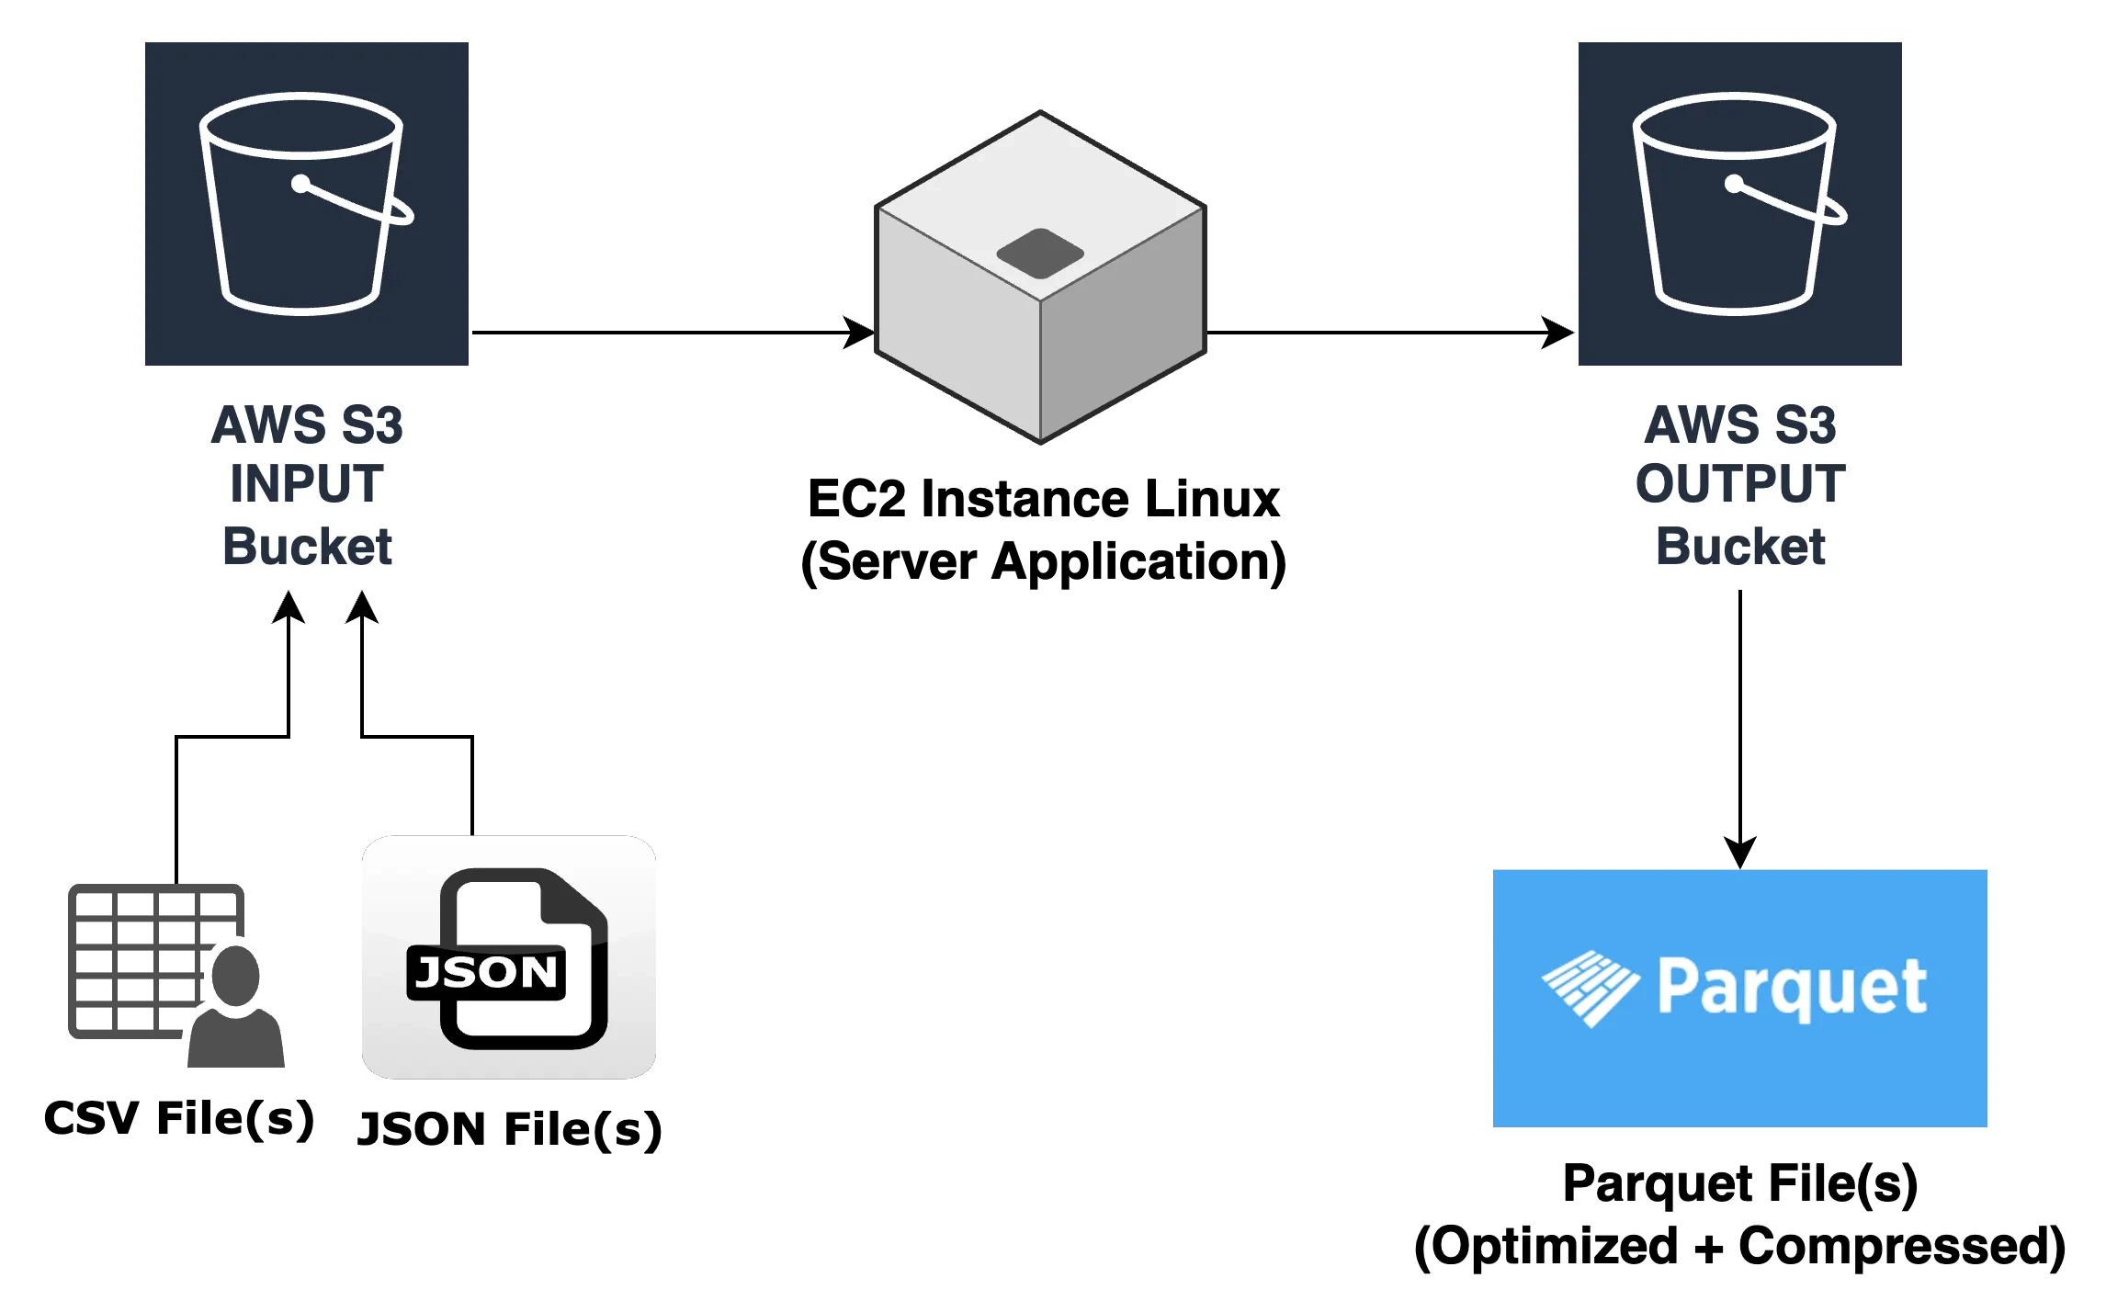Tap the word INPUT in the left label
[306, 484]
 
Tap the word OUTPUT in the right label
[1739, 484]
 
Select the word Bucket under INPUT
[307, 547]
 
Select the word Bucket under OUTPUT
[1740, 547]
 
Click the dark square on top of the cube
[1040, 254]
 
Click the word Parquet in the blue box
[1791, 988]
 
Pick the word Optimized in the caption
[1553, 1247]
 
